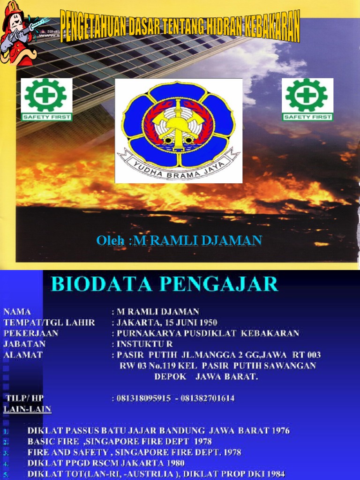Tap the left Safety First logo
(x=46, y=99)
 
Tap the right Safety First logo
(x=307, y=99)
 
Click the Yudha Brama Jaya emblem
(x=179, y=130)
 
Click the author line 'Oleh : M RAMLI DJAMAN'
(x=179, y=241)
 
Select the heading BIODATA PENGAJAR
(x=165, y=285)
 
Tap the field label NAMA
(x=17, y=312)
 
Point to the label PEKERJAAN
(x=31, y=333)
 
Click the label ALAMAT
(x=23, y=355)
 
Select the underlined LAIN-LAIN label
(x=27, y=409)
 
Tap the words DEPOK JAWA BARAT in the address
(x=206, y=376)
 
